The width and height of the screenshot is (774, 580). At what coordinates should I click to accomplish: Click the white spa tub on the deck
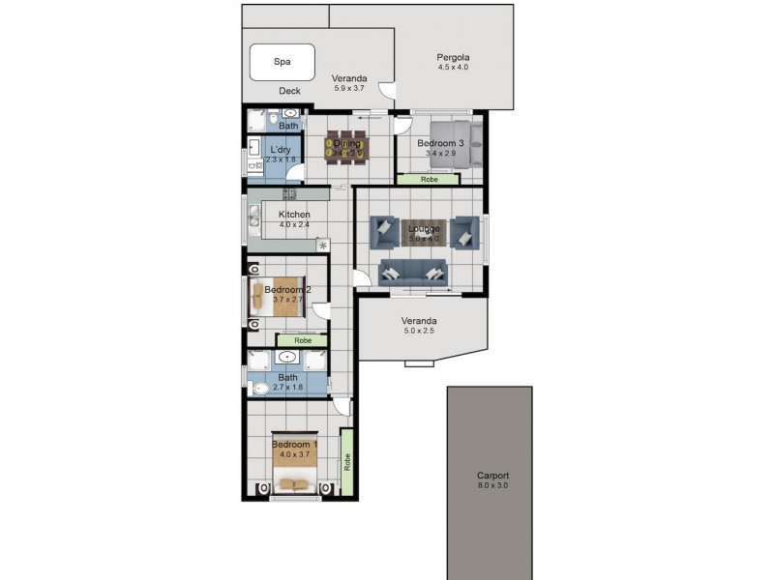[x=283, y=63]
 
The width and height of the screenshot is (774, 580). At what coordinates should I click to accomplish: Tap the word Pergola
[x=452, y=57]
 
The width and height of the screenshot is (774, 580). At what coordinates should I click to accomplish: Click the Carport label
[x=492, y=476]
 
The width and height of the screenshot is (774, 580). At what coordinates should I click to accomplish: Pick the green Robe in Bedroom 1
[x=346, y=463]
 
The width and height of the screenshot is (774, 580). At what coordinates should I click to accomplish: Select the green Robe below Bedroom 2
[x=303, y=340]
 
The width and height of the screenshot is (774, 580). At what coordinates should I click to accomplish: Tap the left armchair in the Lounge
[x=383, y=232]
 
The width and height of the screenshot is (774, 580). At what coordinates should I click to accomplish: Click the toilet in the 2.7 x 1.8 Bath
[x=259, y=390]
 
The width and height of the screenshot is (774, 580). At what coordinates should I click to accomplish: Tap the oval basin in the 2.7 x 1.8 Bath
[x=287, y=359]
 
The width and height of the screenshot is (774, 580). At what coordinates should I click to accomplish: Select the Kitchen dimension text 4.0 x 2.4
[x=294, y=225]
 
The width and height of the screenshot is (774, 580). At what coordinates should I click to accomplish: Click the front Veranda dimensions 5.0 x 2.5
[x=420, y=332]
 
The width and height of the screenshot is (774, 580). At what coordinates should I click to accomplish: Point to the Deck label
[x=289, y=92]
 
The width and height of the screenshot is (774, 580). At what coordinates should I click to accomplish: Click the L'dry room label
[x=280, y=150]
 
